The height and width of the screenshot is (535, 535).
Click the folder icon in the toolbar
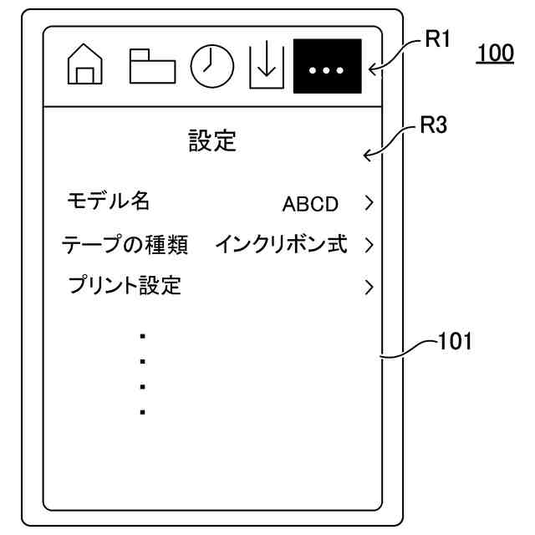point(151,64)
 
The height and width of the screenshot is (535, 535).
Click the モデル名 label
point(108,201)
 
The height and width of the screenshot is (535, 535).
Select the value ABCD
point(310,203)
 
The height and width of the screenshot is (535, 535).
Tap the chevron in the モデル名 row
point(367,203)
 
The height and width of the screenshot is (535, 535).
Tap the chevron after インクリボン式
point(367,246)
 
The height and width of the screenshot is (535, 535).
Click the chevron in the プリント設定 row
point(367,288)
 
